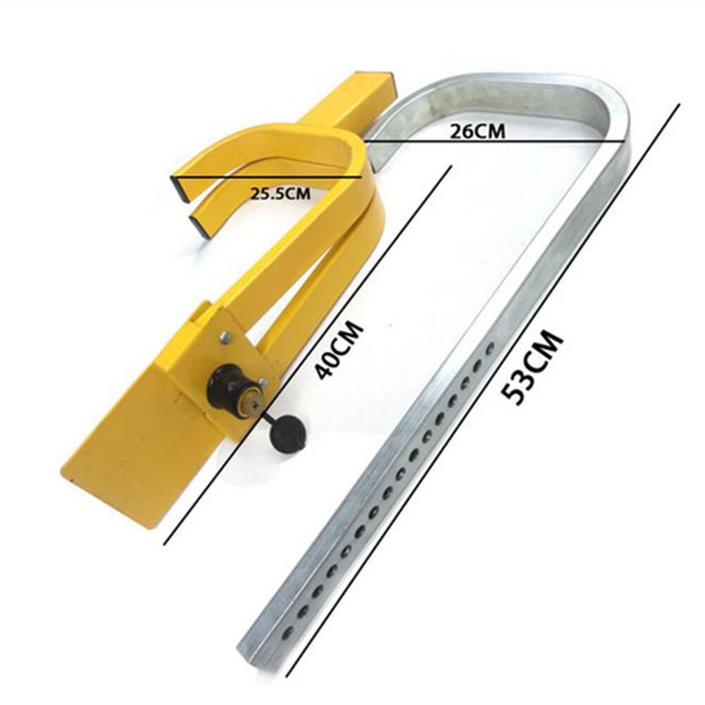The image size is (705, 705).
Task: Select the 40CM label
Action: (339, 350)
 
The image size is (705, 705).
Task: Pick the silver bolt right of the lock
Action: (263, 383)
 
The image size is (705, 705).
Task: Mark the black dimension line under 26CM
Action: (493, 142)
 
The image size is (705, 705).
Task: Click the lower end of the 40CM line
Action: (165, 543)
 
